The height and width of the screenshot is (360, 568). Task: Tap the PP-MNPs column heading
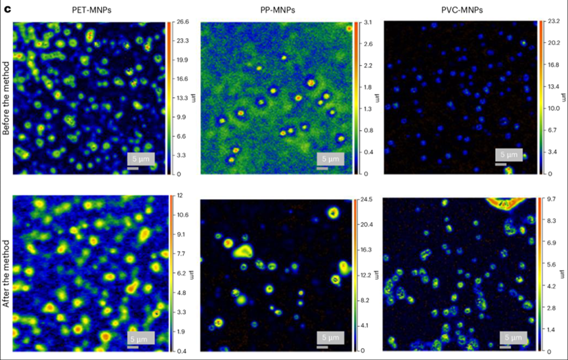coord(275,10)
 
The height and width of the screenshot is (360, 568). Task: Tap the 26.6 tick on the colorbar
coord(181,22)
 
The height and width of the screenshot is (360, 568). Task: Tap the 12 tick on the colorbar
coord(177,196)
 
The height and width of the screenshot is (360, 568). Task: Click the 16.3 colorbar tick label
coord(366,250)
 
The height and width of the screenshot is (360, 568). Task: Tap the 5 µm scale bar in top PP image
coord(327,160)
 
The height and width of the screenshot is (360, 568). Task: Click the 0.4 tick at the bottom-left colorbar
coord(179,351)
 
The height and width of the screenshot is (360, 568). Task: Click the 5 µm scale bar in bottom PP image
coord(326,338)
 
